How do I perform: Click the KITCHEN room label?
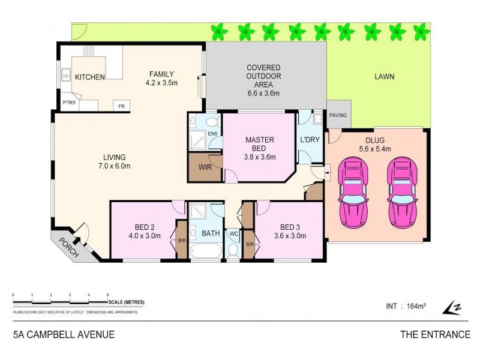91,77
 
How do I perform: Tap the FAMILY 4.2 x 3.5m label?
161,79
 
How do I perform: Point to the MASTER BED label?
260,145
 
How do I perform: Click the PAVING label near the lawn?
338,115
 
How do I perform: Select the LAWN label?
384,77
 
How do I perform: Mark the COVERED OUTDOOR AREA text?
263,80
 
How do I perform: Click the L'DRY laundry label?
310,140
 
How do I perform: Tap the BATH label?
211,233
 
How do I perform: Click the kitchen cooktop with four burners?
89,51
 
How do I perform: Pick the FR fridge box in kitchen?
121,106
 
